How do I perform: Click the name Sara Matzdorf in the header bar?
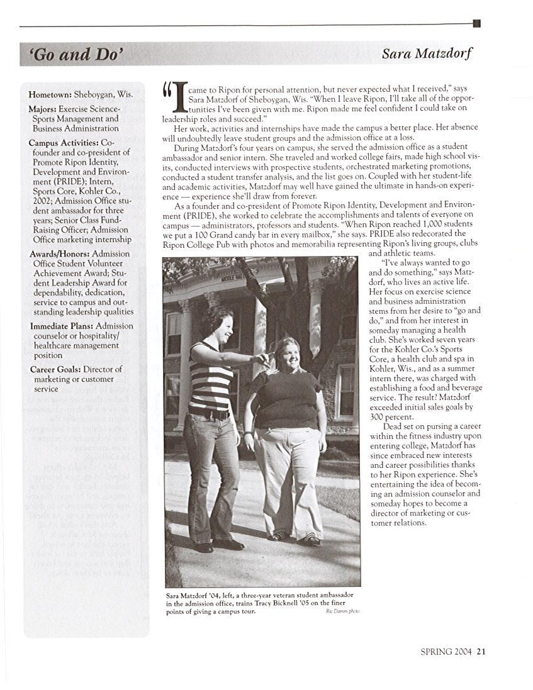426,54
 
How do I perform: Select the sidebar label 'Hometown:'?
50,94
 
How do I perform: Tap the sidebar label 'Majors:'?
43,109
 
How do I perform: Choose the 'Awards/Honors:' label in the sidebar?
61,254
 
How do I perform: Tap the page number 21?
481,652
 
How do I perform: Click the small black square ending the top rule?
476,24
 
